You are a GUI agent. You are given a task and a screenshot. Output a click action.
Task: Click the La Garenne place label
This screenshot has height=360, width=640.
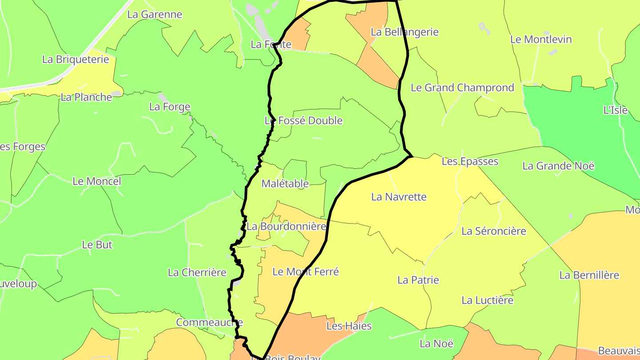pos(155,14)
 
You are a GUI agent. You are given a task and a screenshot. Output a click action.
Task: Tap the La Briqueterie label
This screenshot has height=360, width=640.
pos(76,59)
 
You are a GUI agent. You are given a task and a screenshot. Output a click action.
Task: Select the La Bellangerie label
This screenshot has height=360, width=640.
pos(404,32)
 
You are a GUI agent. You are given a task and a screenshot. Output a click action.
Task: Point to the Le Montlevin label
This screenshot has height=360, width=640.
pos(541,39)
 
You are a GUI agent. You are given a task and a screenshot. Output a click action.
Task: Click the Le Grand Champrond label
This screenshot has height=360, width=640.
pos(462,88)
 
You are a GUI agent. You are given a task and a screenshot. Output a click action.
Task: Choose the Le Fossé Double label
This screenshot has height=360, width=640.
pos(304,120)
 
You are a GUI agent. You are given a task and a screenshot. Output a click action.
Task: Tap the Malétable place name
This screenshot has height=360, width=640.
pos(285,183)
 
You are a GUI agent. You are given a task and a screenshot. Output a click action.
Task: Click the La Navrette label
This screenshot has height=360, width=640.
pos(399,196)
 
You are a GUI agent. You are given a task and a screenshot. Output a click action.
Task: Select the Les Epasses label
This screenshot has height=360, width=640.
pos(470,161)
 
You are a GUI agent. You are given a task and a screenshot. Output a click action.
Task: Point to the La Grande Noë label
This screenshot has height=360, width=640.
pos(558,166)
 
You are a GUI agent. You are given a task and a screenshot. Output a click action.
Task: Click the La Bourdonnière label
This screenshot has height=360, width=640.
pos(287,226)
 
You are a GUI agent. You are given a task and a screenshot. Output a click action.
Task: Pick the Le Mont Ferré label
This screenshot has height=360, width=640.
pos(305,272)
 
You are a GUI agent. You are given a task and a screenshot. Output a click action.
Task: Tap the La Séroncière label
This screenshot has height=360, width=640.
pos(493,231)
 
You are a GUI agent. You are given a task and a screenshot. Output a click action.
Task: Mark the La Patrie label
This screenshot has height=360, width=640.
pos(418,280)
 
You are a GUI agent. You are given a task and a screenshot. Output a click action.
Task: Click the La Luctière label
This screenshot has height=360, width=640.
pos(487,300)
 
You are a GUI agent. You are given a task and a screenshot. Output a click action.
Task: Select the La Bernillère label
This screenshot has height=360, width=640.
pos(589,275)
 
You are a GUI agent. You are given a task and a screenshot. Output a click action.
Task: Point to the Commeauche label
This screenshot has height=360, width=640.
pos(209,322)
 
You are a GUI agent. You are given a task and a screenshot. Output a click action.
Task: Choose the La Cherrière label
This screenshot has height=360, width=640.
pos(197,272)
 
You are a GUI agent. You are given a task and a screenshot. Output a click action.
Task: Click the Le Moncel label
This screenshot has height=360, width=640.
pos(96,181)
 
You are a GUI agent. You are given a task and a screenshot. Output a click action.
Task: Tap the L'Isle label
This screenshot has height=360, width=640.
pos(615,110)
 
